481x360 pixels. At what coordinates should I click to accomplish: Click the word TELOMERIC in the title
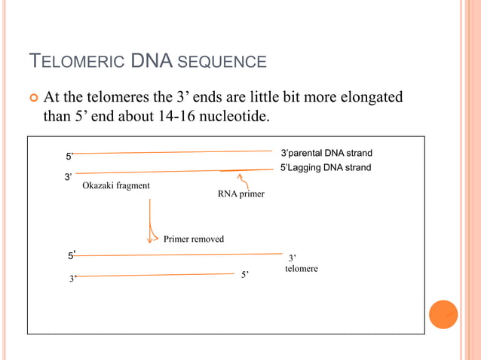76,62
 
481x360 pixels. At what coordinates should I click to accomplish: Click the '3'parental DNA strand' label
326,154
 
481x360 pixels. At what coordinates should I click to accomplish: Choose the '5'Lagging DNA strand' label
326,168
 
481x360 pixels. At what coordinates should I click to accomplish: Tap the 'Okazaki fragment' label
115,186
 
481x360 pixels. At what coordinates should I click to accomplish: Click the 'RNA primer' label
240,194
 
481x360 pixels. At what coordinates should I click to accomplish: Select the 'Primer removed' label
194,239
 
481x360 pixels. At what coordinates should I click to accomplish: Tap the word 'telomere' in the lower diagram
302,269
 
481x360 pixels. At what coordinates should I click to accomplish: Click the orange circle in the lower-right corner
443,314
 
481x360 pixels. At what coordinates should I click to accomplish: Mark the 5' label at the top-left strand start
69,157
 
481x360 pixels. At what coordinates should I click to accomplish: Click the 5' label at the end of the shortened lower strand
245,275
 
